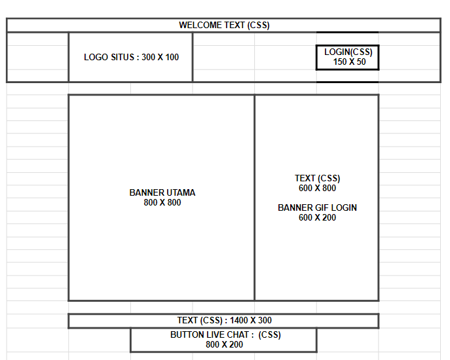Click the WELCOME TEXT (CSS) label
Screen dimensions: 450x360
(224, 26)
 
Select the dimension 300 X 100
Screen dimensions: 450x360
(160, 57)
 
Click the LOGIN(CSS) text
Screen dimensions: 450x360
(348, 52)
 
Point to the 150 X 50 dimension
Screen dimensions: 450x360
(349, 62)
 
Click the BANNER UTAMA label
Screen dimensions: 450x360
(162, 192)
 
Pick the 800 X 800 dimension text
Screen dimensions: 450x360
(162, 202)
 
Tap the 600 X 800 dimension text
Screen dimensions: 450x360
(317, 188)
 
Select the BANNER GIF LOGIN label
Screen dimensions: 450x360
(317, 207)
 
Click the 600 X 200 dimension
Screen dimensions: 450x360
(317, 217)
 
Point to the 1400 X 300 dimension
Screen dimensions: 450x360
(250, 320)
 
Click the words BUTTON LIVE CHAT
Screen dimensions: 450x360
(210, 334)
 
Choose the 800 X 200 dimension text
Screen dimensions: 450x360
(224, 344)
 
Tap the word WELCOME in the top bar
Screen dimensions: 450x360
(200, 26)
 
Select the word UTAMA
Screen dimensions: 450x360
(181, 192)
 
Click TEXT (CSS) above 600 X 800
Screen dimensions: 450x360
(318, 179)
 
